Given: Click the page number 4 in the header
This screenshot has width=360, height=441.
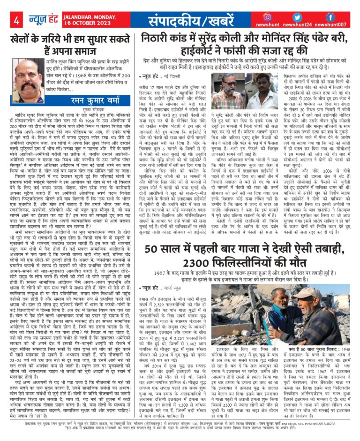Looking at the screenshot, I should pyautogui.click(x=17, y=21).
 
